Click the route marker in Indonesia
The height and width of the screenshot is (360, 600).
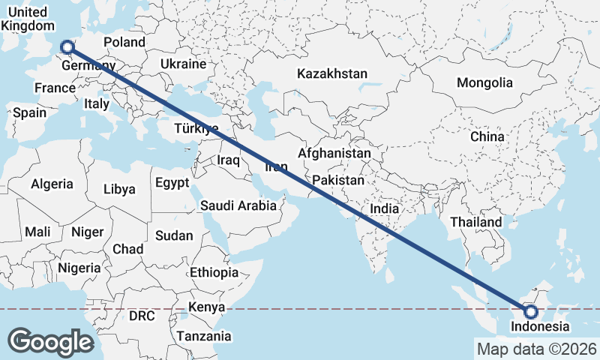(531, 311)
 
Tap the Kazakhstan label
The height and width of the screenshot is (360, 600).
(332, 73)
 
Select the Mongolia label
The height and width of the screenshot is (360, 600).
(484, 83)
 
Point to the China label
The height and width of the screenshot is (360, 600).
(487, 137)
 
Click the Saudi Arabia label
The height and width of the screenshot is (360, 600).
(238, 205)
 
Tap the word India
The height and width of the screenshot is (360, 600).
(385, 208)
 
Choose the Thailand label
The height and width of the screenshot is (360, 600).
(476, 222)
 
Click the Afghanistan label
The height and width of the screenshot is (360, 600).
(334, 154)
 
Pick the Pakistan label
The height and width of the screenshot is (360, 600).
(338, 181)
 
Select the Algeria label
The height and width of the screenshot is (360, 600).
(52, 184)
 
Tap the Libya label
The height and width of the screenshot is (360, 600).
(119, 189)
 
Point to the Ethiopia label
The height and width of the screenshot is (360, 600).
(214, 272)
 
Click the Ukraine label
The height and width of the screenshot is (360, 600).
(183, 64)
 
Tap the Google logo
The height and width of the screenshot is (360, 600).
(50, 341)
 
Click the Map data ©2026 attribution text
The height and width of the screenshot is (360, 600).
(536, 349)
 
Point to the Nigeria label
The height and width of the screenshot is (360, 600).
(79, 268)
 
